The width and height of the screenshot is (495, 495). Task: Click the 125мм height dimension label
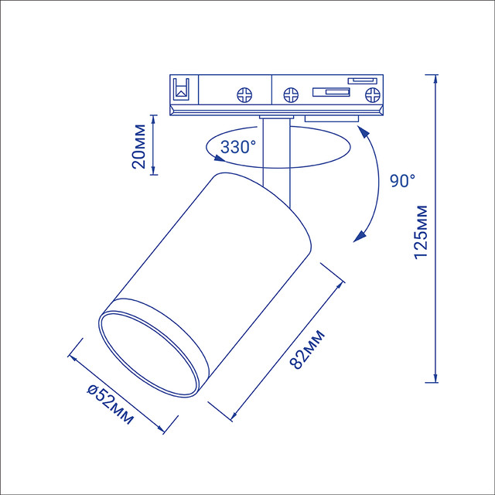(x=421, y=232)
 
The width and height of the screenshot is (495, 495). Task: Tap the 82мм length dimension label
(x=307, y=349)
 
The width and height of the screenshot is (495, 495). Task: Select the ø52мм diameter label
(x=110, y=405)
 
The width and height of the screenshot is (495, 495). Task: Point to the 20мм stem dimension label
(x=139, y=146)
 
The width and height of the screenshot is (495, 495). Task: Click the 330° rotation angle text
(x=238, y=147)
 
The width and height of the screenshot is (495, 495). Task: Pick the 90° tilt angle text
(x=403, y=180)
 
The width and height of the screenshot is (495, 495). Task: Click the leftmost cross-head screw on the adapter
(x=244, y=94)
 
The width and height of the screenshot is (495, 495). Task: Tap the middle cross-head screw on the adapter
(x=291, y=94)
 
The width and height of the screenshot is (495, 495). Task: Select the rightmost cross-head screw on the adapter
(x=373, y=94)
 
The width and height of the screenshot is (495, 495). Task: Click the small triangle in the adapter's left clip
(x=182, y=93)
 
